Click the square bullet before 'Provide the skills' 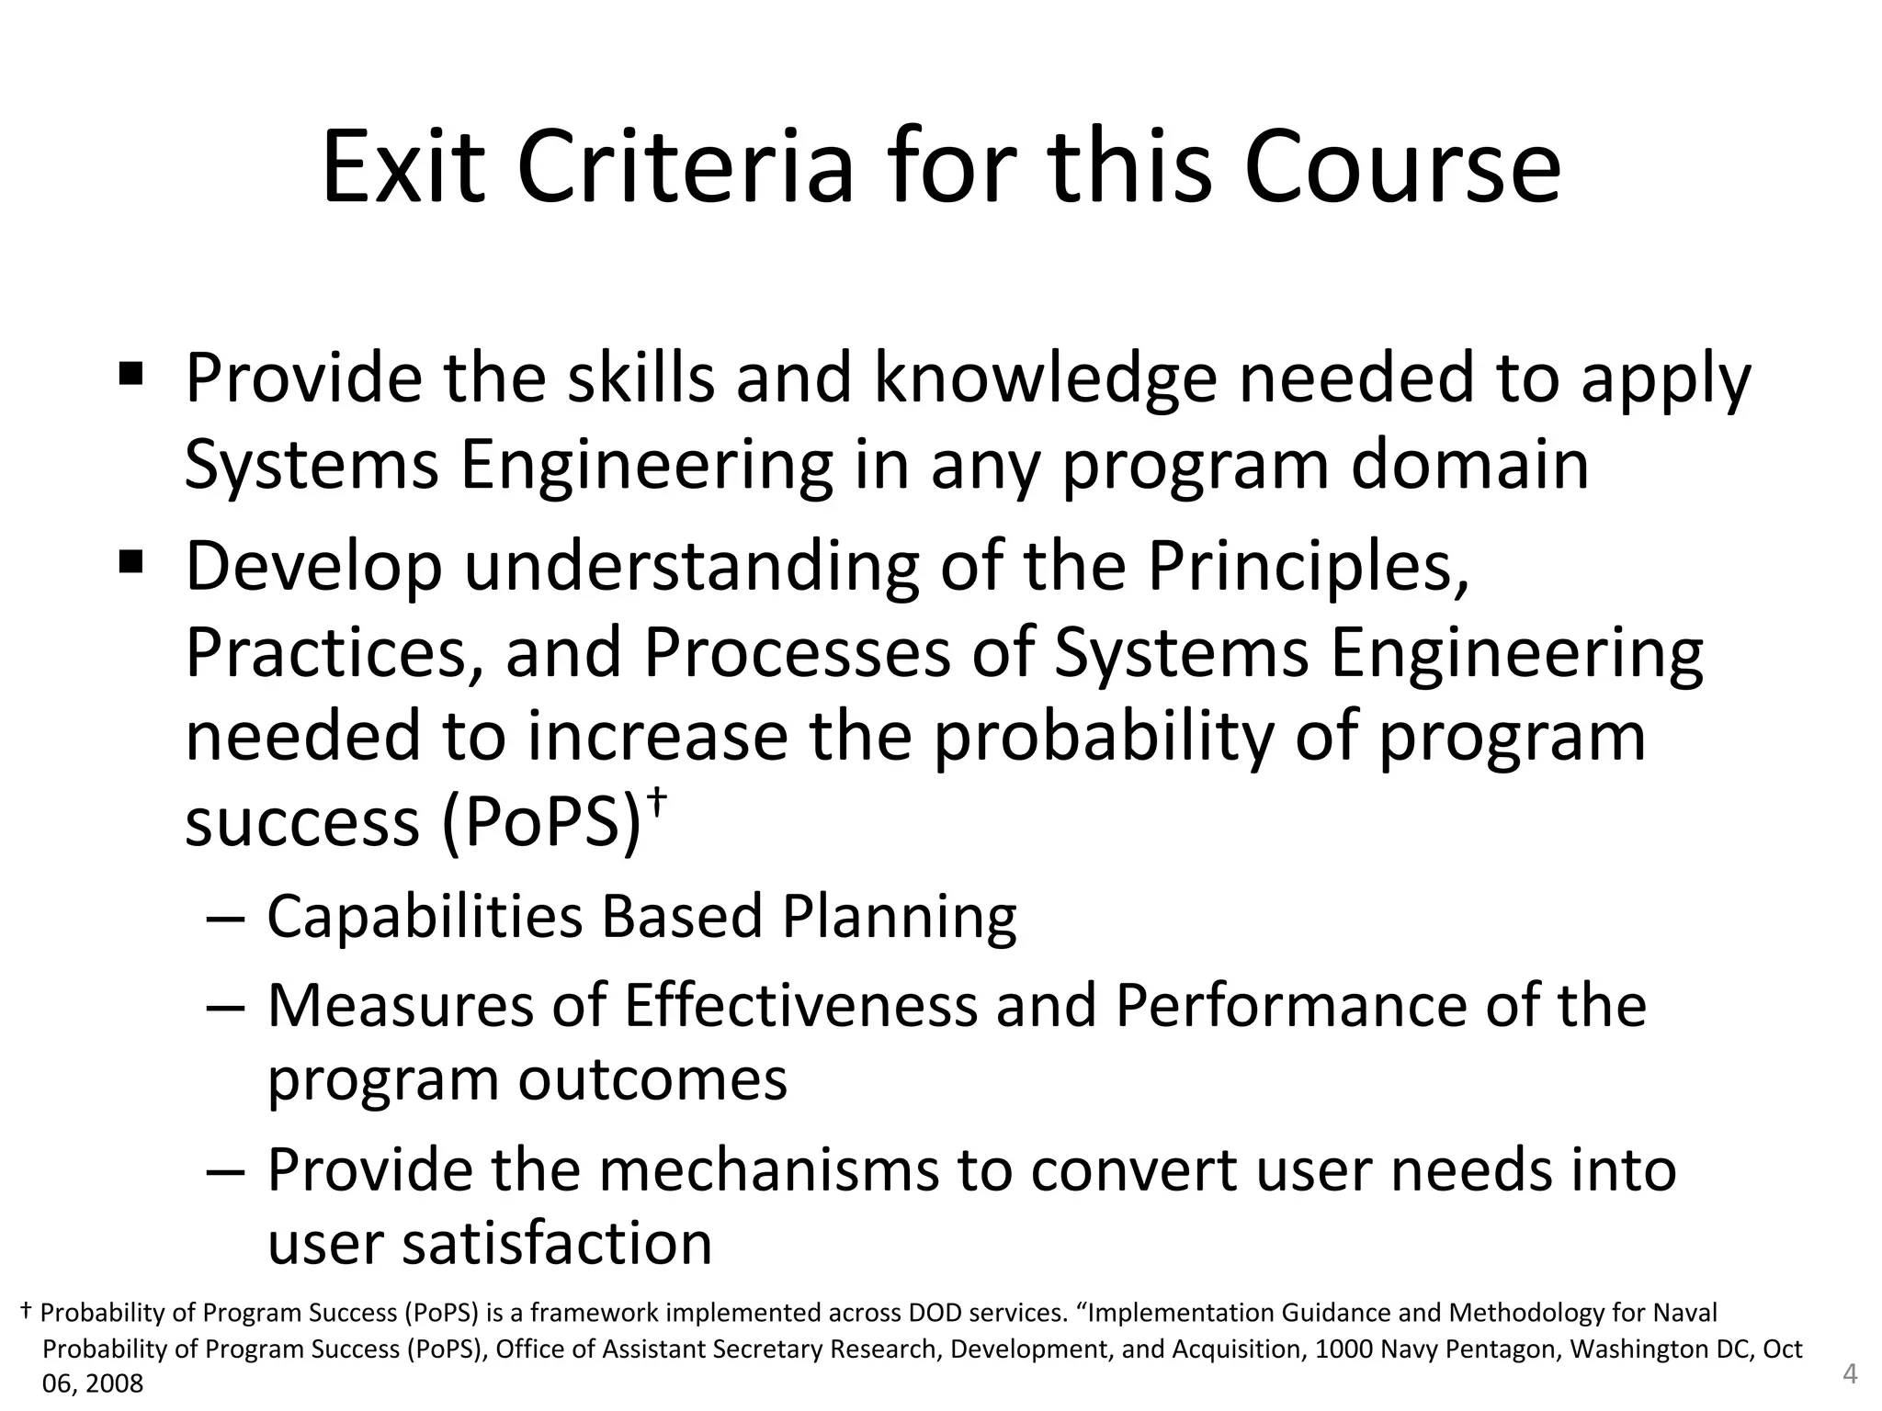[130, 374]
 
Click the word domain [1469, 465]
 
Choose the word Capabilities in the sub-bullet [425, 917]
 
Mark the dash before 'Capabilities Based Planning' [226, 919]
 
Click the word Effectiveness [800, 1005]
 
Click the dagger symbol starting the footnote [27, 1311]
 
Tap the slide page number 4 [1851, 1374]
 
